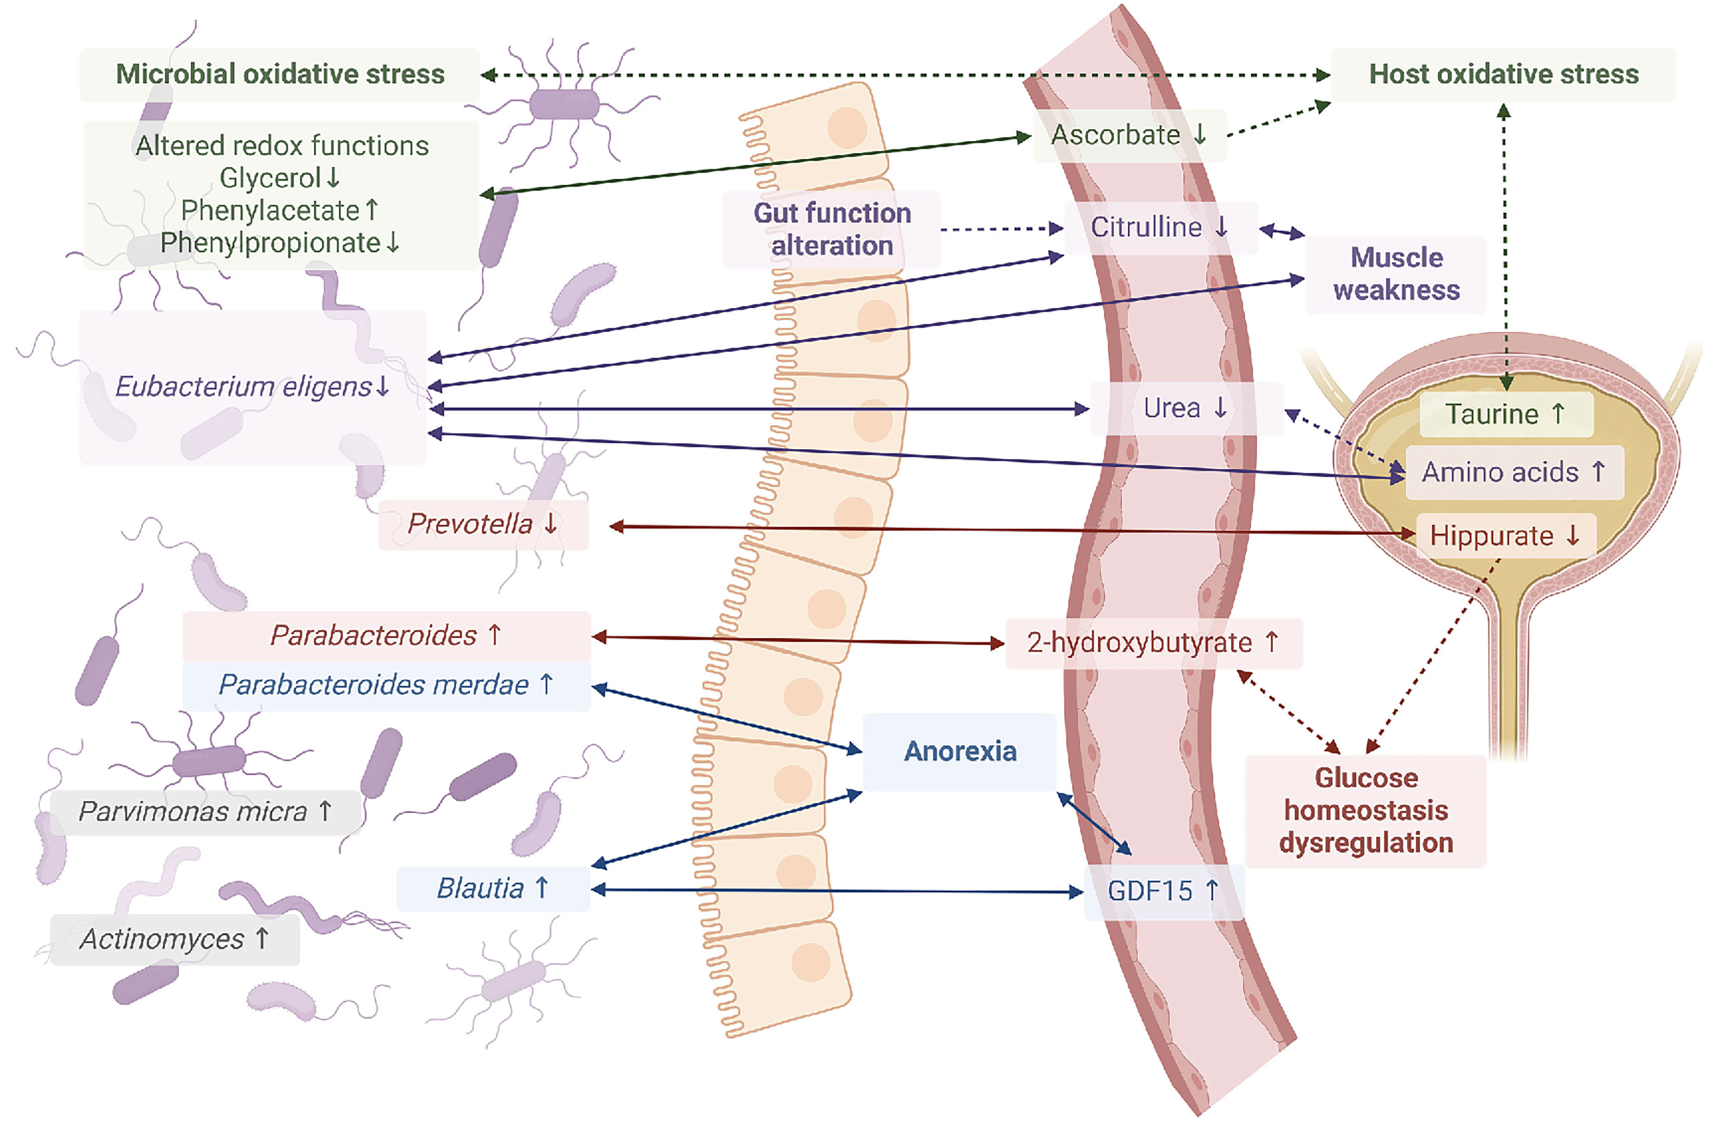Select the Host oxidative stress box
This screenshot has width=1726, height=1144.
click(1503, 74)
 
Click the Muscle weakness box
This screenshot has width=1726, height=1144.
click(1395, 274)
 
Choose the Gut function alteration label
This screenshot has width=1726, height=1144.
click(832, 229)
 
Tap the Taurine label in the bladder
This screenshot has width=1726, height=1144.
click(1505, 414)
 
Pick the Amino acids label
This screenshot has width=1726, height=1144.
click(1514, 472)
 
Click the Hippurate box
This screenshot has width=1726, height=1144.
click(1504, 536)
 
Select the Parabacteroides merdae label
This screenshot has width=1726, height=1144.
click(386, 685)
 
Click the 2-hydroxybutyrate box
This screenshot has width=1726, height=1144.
click(1152, 643)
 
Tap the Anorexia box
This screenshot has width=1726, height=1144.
click(959, 752)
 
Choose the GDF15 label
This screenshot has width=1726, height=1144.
click(1163, 891)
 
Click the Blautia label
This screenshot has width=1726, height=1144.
click(492, 889)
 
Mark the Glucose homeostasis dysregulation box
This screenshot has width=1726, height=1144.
click(1365, 811)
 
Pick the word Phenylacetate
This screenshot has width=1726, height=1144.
click(271, 211)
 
